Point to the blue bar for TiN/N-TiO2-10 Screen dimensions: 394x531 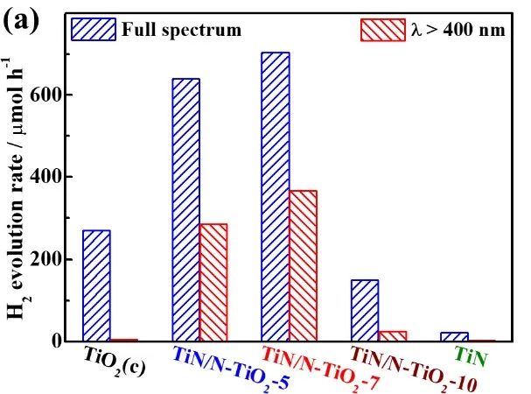tap(365, 310)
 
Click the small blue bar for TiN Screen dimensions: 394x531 tap(455, 337)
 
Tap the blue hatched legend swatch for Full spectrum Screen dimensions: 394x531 tap(94, 29)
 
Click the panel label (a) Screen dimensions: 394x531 tap(22, 23)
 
